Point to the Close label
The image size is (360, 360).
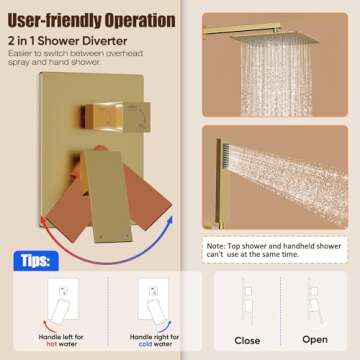[246, 340]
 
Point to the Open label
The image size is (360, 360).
[314, 340]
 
